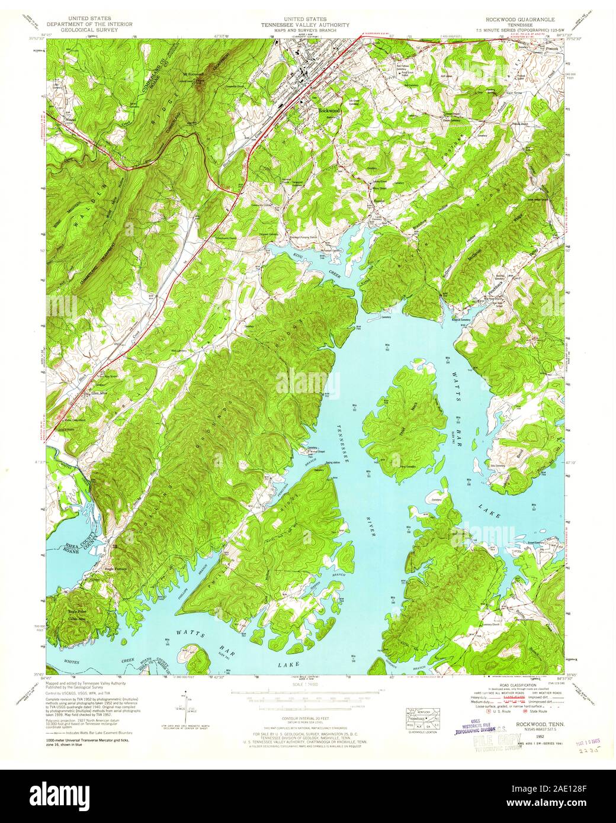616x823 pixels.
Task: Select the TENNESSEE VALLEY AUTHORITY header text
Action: [x=307, y=25]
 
